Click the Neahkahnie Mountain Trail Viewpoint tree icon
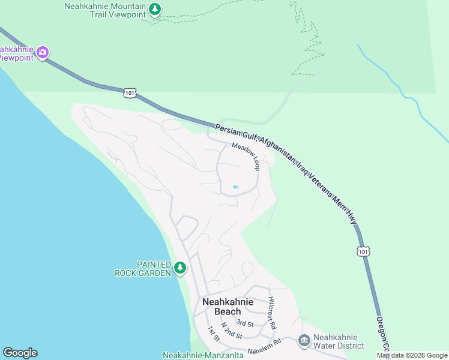(x=155, y=10)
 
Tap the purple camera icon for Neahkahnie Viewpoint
(x=43, y=52)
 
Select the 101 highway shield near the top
(x=131, y=92)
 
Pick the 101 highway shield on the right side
(x=363, y=251)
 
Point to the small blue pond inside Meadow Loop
(x=235, y=187)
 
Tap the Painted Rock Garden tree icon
(x=179, y=268)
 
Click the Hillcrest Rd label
(x=272, y=313)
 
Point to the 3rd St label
(x=244, y=324)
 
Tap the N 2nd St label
(x=231, y=331)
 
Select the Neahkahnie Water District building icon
(x=304, y=341)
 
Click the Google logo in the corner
(x=20, y=353)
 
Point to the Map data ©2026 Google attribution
(x=412, y=356)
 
